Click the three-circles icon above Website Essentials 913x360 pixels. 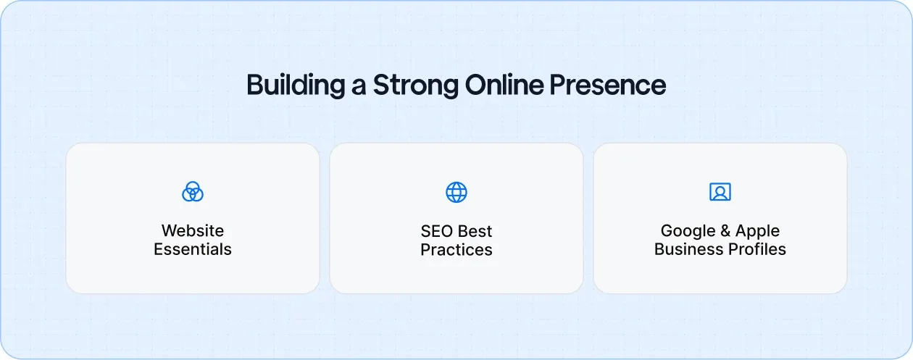tap(193, 192)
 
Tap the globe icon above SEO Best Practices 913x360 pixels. tap(456, 192)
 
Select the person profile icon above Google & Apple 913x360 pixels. tap(720, 192)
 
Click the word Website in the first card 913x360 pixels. tap(193, 231)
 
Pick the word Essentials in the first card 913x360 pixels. tap(193, 250)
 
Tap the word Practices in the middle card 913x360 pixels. tap(456, 251)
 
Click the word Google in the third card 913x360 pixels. tap(685, 232)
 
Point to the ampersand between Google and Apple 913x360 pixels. tap(724, 232)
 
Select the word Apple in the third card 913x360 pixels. tap(758, 232)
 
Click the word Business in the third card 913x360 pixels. tap(685, 250)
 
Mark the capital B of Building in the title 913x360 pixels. tap(254, 85)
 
